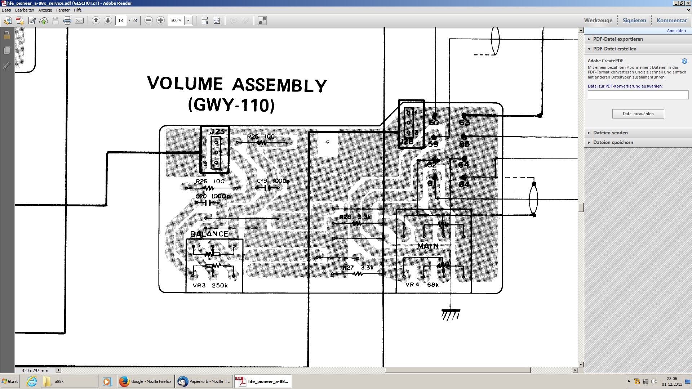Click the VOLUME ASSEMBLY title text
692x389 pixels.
pos(237,84)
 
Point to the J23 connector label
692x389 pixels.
pos(217,132)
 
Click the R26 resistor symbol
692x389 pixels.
pos(209,188)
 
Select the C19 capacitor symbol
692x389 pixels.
pos(267,188)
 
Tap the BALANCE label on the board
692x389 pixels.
pos(209,234)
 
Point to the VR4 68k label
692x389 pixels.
pos(422,285)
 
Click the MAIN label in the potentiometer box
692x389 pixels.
pos(428,246)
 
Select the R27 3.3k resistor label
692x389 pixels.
pos(358,268)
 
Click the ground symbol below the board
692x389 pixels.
pos(451,314)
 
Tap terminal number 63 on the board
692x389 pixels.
pos(464,122)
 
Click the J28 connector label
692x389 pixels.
pos(406,142)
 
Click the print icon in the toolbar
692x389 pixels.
pos(67,21)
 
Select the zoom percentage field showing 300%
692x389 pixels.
pos(176,21)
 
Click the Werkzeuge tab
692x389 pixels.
pos(598,21)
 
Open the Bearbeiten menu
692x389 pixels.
pos(25,10)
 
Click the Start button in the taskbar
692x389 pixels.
pos(10,381)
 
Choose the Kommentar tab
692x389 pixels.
pos(671,21)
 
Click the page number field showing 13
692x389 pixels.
pos(120,21)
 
